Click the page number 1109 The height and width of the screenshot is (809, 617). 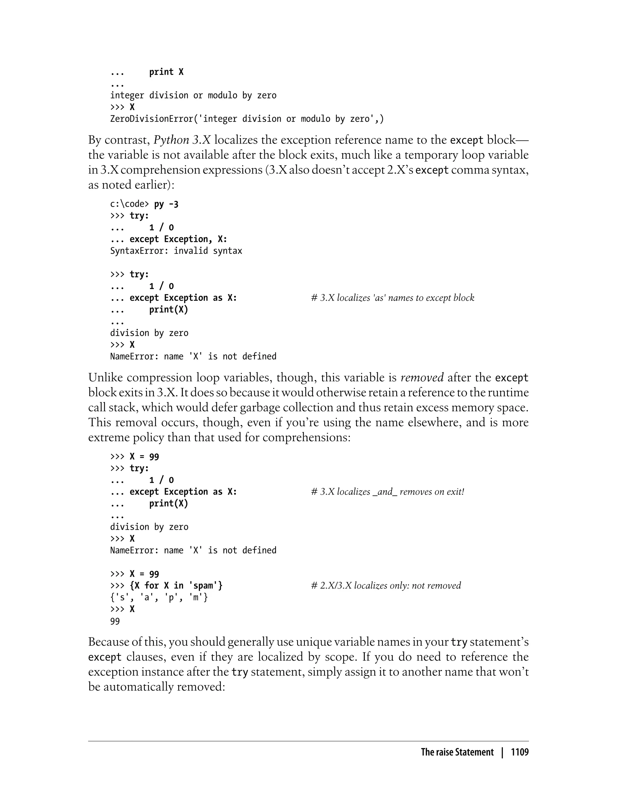[519, 752]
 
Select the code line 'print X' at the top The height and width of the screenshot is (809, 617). [166, 72]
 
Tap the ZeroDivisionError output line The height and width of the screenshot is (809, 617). [247, 119]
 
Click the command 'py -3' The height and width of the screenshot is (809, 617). [166, 204]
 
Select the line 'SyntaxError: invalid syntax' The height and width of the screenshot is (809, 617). [176, 251]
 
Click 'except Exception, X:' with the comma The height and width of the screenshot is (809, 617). [178, 239]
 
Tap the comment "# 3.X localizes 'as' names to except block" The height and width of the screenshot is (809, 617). [392, 298]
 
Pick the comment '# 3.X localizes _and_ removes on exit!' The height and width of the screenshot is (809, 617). [387, 492]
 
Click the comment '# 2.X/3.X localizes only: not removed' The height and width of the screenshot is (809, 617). [386, 586]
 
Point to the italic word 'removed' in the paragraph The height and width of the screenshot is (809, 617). [422, 377]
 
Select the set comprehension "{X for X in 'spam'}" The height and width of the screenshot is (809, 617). [176, 586]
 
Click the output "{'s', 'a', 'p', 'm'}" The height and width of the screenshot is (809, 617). [159, 597]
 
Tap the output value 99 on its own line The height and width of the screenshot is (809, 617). [115, 621]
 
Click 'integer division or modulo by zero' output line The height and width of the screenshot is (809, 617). [193, 95]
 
